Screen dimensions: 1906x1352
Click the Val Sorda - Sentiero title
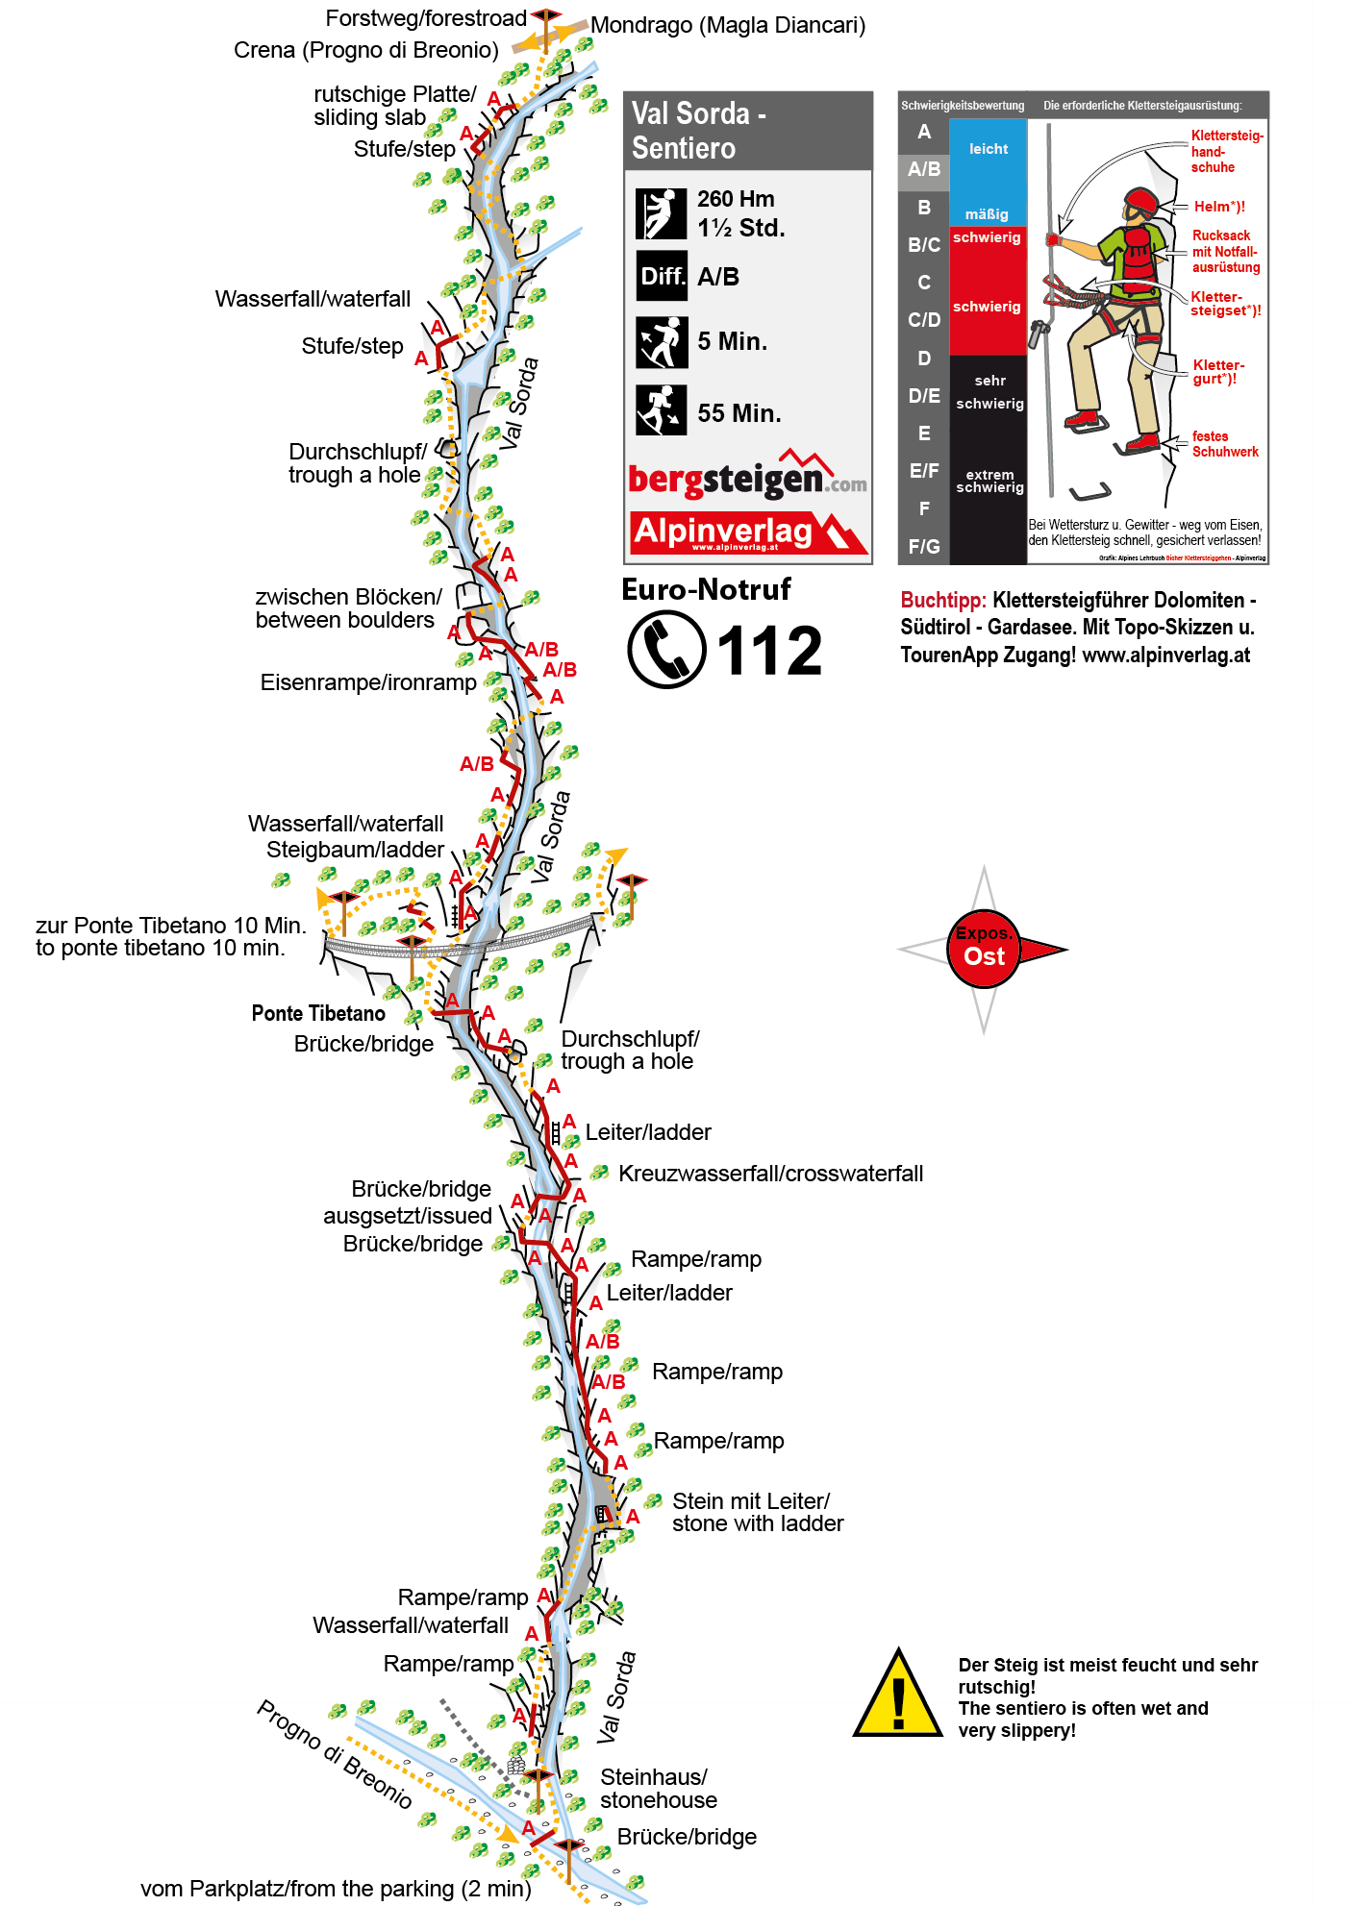pyautogui.click(x=699, y=131)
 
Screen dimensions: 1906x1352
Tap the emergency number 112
pyautogui.click(x=769, y=651)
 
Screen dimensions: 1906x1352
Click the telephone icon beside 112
pyautogui.click(x=665, y=650)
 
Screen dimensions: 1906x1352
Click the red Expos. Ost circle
pyautogui.click(x=984, y=949)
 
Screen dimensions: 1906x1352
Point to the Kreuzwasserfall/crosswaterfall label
pyautogui.click(x=770, y=1174)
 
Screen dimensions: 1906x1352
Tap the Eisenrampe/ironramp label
pyautogui.click(x=368, y=682)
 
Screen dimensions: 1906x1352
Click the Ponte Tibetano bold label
pyautogui.click(x=318, y=1013)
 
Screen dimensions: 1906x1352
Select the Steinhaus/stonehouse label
pyautogui.click(x=658, y=1788)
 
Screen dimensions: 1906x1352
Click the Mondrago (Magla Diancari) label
pyautogui.click(x=728, y=25)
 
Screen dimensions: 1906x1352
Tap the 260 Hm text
pyautogui.click(x=736, y=199)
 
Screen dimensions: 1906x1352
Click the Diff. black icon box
pyautogui.click(x=662, y=277)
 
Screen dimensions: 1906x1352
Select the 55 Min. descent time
pyautogui.click(x=739, y=413)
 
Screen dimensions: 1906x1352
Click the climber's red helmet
pyautogui.click(x=1141, y=202)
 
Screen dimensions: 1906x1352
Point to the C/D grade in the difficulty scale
pyautogui.click(x=924, y=320)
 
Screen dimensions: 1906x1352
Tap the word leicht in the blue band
pyautogui.click(x=989, y=149)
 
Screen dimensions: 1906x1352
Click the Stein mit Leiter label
pyautogui.click(x=757, y=1512)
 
